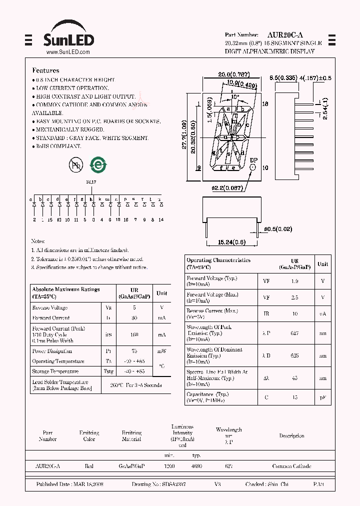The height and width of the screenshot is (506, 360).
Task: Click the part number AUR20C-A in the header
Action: tap(283, 35)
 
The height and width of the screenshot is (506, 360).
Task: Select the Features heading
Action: tap(45, 70)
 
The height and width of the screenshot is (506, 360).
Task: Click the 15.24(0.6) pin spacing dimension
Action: tap(231, 242)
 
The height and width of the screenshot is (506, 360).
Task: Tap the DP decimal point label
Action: tap(253, 160)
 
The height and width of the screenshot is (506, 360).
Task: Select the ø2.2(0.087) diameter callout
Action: tap(226, 188)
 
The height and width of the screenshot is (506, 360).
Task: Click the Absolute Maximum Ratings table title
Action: tap(65, 289)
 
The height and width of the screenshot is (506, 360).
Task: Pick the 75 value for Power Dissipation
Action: tap(134, 351)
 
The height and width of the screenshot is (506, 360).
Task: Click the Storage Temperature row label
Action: tap(55, 371)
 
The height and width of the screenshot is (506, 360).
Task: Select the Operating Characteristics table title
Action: tap(218, 260)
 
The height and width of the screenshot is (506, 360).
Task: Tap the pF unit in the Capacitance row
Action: tap(323, 397)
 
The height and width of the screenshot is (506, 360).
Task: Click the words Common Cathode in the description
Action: tap(291, 466)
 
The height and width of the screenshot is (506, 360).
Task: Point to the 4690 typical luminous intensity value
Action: tap(196, 466)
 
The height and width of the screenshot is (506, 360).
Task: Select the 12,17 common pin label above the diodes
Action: tap(91, 182)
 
